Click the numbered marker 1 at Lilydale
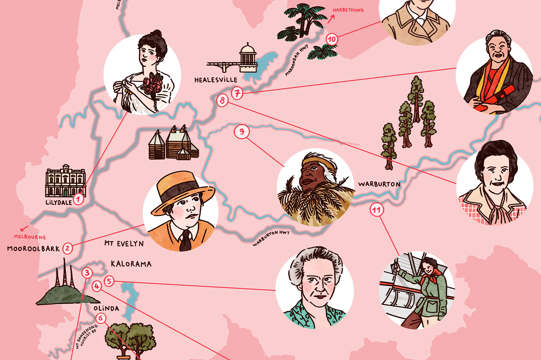point(78,199)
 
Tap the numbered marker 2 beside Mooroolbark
point(68,248)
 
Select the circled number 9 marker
point(242,132)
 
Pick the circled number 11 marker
point(376,210)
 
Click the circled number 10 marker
point(332,40)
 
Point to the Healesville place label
point(216,80)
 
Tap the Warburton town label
point(379,184)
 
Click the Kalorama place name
point(131,264)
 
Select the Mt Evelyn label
point(124,244)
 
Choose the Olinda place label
point(106,308)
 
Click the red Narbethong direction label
point(348,10)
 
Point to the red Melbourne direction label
point(30,237)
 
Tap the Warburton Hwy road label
point(271,238)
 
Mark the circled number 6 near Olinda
point(100,318)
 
